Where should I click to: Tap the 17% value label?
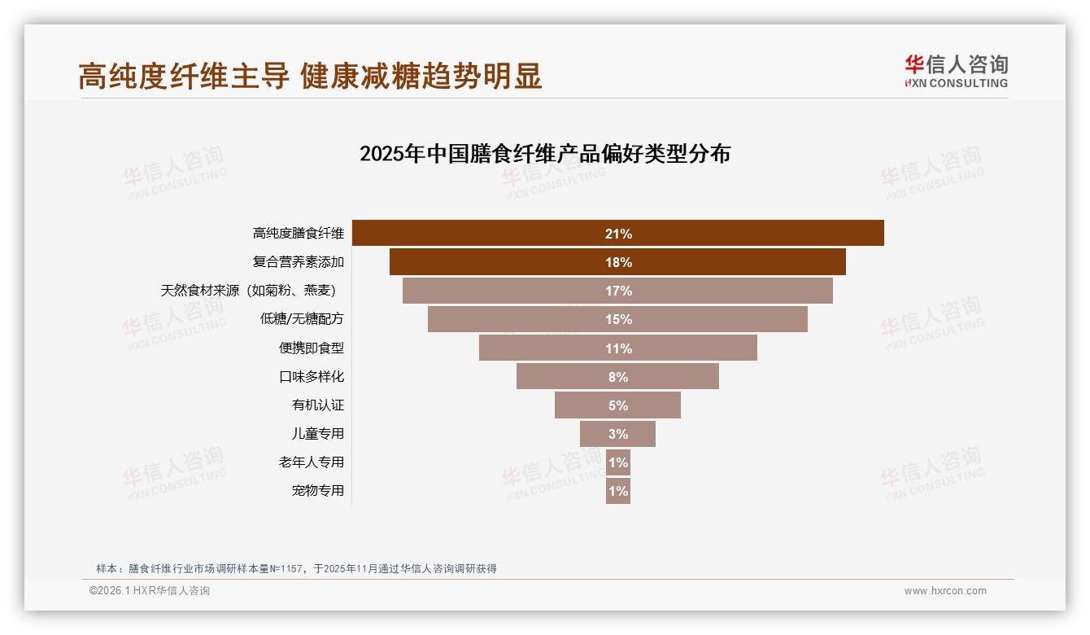tap(618, 291)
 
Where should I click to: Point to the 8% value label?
tap(618, 377)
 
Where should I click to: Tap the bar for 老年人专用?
tap(618, 462)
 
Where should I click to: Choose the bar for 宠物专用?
tap(618, 491)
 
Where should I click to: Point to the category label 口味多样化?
tap(312, 377)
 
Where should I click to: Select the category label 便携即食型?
tap(312, 348)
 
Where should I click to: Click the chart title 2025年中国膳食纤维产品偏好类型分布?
tap(545, 154)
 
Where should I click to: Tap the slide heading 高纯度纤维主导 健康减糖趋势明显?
tap(310, 77)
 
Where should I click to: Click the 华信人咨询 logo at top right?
tap(956, 72)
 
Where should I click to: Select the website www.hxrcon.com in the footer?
tap(945, 591)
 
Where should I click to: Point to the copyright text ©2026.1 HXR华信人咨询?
tap(150, 591)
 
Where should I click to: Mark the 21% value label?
tap(618, 234)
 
